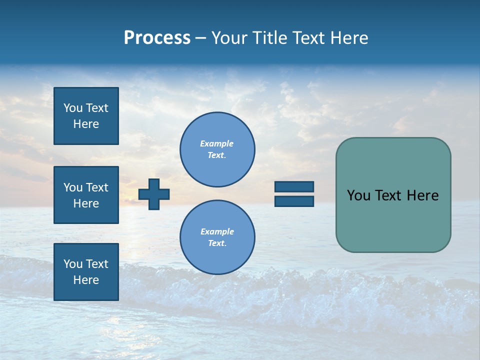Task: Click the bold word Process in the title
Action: coord(157,38)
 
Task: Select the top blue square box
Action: coord(86,116)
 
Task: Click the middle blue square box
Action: coord(86,195)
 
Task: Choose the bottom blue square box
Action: coord(86,272)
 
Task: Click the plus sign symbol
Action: coord(154,194)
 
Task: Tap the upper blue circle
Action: coord(217,149)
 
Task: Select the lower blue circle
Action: coord(217,237)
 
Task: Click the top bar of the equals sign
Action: coord(294,187)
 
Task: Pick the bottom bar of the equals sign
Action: coord(294,201)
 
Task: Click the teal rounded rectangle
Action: coord(393,220)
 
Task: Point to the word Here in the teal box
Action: coord(422,195)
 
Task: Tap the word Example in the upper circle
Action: coord(217,143)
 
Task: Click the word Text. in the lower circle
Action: coord(217,243)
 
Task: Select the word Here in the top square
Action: coord(86,124)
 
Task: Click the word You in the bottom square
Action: coord(73,264)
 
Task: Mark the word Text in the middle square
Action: coord(97,187)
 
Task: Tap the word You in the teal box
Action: coord(358,195)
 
